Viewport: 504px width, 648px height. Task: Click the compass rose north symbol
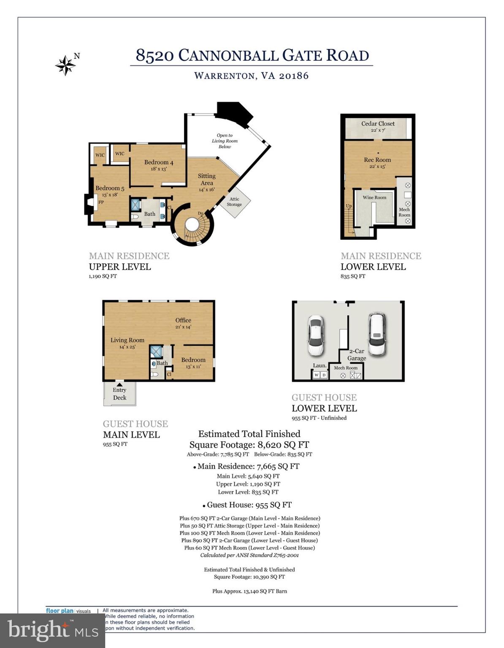click(66, 65)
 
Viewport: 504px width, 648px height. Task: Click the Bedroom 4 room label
click(159, 162)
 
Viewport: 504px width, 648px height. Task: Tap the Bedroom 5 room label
click(110, 188)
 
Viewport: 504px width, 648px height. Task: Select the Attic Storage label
click(234, 202)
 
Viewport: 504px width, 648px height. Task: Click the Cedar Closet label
click(378, 124)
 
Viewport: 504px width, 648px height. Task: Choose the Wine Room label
click(374, 197)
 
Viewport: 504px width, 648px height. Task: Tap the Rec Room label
click(377, 160)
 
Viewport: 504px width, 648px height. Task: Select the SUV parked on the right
click(377, 334)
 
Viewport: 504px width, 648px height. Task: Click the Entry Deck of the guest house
click(119, 394)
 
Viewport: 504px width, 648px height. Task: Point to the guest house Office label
click(183, 320)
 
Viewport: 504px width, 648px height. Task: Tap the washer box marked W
click(316, 375)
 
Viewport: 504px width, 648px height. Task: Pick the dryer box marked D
click(324, 375)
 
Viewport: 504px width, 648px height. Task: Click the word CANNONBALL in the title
click(228, 55)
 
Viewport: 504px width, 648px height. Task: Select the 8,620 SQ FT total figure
click(283, 445)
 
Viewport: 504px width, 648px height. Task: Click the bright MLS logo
click(52, 631)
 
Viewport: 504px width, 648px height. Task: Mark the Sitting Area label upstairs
click(207, 179)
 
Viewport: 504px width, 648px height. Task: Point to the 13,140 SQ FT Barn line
click(249, 591)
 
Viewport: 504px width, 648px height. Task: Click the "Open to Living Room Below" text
click(225, 141)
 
